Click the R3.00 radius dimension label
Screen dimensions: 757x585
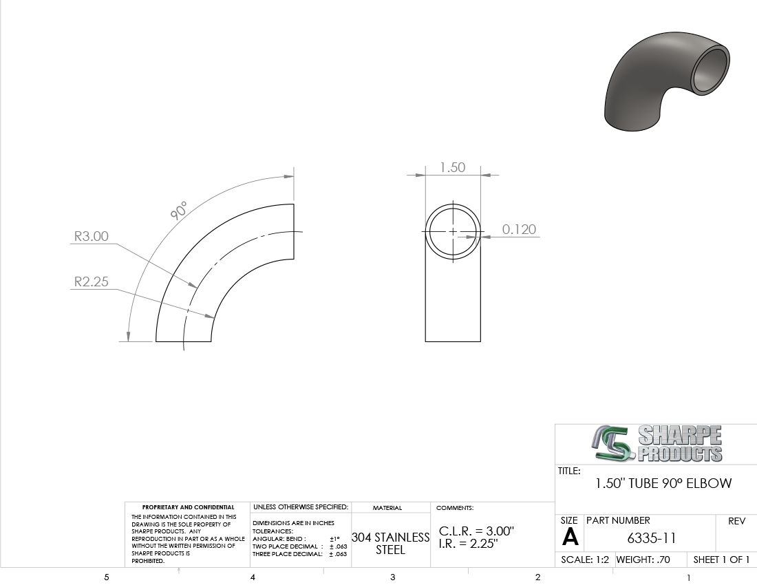click(x=92, y=236)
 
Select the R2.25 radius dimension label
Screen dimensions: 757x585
click(x=92, y=281)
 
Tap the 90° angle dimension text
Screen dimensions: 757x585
click(x=179, y=211)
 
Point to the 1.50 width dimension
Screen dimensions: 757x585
click(x=452, y=167)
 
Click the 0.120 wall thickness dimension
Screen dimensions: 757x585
click(x=519, y=229)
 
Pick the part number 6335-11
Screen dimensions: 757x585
click(x=651, y=538)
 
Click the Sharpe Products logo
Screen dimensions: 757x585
click(x=657, y=443)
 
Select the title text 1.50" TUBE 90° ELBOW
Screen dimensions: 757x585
click(x=663, y=483)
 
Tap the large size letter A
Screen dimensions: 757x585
click(x=571, y=537)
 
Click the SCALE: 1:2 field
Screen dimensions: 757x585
click(x=585, y=560)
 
